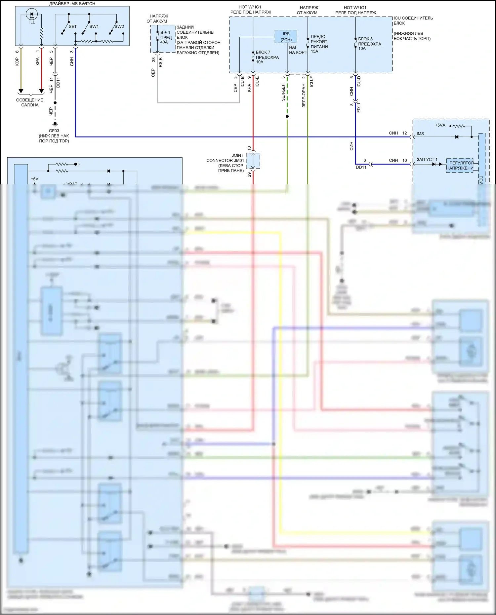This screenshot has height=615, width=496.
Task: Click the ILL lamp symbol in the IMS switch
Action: [x=32, y=15]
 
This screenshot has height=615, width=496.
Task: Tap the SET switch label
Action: [x=73, y=26]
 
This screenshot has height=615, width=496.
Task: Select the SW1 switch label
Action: [x=94, y=26]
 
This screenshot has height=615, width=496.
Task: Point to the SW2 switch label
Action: [x=119, y=26]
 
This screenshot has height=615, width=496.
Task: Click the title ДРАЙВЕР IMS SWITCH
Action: [x=72, y=4]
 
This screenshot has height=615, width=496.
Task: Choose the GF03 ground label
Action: [x=54, y=131]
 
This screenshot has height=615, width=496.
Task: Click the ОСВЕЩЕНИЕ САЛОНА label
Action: [x=30, y=102]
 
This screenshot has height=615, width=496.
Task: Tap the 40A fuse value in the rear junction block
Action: [x=164, y=42]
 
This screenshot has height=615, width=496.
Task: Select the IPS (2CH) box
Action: [x=286, y=37]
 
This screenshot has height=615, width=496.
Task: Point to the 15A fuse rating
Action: [x=314, y=52]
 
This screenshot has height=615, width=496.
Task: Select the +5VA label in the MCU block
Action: [x=440, y=125]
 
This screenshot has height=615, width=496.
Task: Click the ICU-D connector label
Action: [x=359, y=81]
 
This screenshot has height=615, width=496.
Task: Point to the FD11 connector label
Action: [x=359, y=107]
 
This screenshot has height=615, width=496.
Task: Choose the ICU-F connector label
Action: [x=311, y=82]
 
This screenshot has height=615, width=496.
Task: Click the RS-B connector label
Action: [x=161, y=62]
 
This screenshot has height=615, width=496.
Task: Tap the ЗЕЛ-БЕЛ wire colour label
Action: [x=283, y=92]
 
